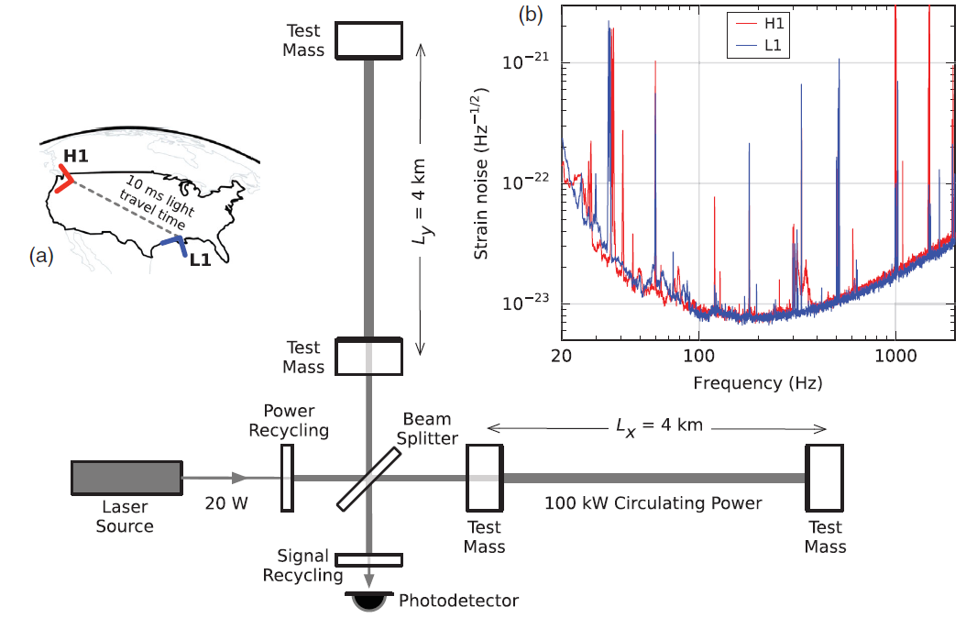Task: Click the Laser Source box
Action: coord(126,478)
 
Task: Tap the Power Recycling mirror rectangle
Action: coord(287,478)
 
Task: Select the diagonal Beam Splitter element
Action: coord(368,479)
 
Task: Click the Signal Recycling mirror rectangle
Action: coord(368,560)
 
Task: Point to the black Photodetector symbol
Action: coord(369,601)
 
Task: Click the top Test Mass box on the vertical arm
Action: coord(368,40)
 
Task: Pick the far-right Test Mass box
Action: coord(824,478)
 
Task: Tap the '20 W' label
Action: coord(226,503)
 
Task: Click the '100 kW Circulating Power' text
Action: coord(653,503)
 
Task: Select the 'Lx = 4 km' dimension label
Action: coord(659,426)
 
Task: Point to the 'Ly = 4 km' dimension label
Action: coord(422,201)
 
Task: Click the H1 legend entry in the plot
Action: coord(760,24)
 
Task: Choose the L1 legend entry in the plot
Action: coord(760,46)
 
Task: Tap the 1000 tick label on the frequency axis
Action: coord(895,356)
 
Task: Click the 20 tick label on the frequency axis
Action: coord(562,356)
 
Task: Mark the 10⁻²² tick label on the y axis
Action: coord(525,182)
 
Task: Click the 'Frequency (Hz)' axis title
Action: coord(758,382)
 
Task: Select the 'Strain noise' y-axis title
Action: coord(480,173)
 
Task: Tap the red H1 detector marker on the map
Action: coord(63,179)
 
